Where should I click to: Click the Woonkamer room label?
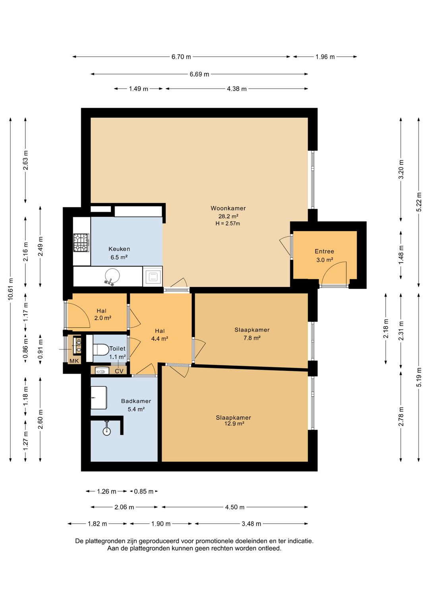228,208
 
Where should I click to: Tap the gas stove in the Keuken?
81,243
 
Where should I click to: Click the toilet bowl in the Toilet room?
100,348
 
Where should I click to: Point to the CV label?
119,371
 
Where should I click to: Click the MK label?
74,361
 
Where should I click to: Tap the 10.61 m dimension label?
11,289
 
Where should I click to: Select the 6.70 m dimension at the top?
181,57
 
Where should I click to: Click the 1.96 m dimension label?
325,57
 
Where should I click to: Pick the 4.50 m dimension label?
235,507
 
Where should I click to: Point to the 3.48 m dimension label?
251,524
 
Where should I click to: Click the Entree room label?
324,251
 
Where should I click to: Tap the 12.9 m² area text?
234,423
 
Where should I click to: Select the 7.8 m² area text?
252,338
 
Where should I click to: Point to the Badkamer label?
136,401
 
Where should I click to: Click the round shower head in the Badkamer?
107,432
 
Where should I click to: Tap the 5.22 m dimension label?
419,202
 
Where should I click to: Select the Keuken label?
119,249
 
